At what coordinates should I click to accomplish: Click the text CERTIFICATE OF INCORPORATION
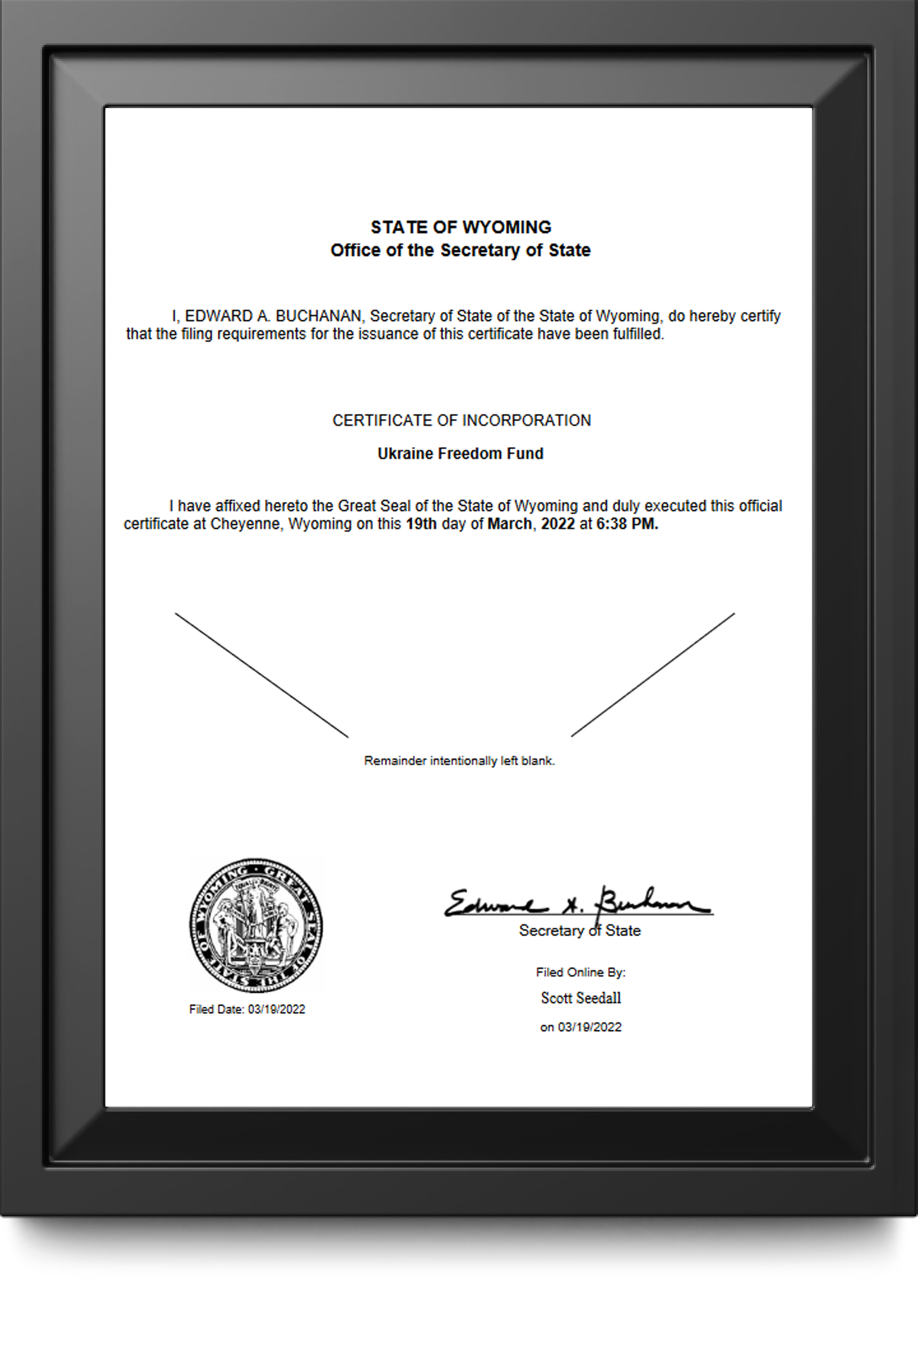[461, 421]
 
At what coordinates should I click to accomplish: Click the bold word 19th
[421, 524]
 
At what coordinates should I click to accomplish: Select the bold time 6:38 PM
[627, 524]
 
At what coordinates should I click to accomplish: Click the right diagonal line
[653, 675]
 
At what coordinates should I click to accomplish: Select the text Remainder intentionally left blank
[459, 761]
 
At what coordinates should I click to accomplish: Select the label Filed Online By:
[580, 972]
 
